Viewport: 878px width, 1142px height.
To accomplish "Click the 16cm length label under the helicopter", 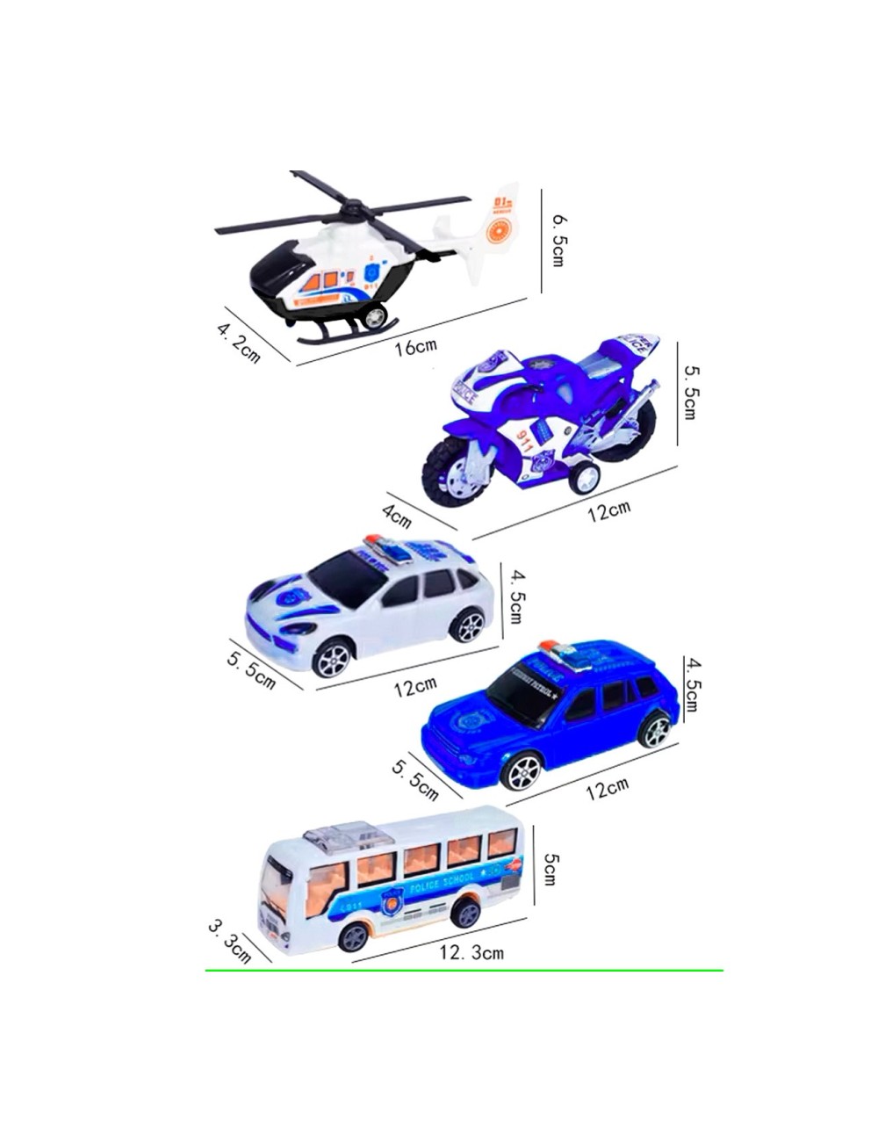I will [414, 346].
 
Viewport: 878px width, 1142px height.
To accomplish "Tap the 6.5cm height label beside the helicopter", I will [557, 238].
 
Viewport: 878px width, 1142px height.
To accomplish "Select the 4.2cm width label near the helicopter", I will [238, 342].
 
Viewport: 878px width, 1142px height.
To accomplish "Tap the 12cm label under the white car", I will [414, 685].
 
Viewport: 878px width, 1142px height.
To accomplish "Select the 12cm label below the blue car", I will [608, 788].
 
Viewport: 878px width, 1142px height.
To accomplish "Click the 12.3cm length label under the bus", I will [471, 952].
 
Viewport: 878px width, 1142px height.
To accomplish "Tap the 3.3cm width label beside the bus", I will [230, 940].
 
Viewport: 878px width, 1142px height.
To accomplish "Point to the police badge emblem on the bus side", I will [390, 900].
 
